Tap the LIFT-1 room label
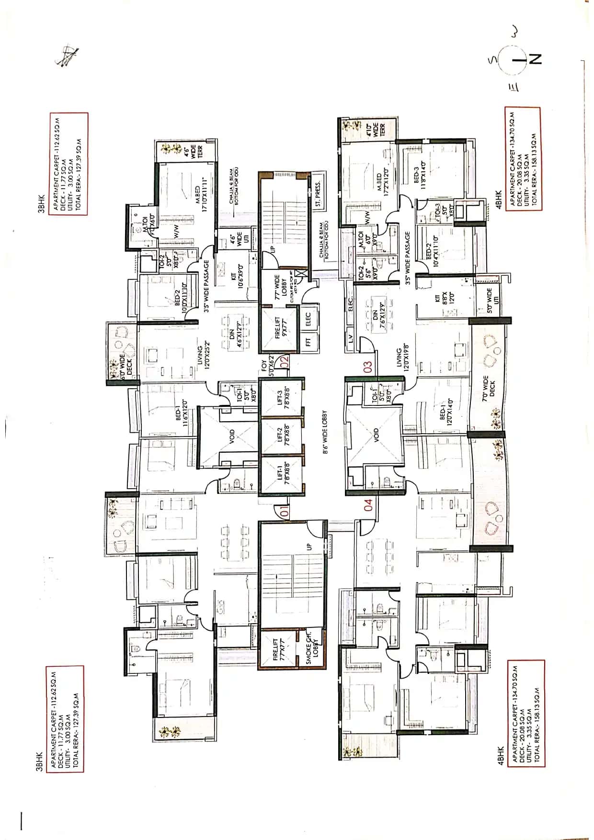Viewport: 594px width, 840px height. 284,474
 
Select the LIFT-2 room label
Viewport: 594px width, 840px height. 284,436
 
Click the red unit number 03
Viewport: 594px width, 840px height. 368,367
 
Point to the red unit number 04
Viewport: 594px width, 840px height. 368,505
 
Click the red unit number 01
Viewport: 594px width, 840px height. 284,512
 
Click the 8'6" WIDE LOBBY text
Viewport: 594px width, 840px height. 325,432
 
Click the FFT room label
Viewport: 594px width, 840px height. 308,342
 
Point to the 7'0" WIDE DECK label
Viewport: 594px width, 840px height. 489,389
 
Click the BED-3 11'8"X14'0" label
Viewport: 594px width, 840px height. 419,178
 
